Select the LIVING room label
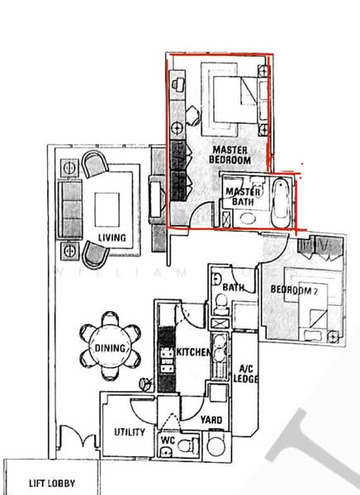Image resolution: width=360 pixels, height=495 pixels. (x=111, y=238)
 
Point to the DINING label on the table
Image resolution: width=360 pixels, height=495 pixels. (x=110, y=348)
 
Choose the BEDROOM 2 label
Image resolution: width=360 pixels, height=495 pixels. (x=294, y=290)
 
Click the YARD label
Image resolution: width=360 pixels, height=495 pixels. (x=211, y=419)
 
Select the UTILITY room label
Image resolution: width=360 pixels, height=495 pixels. (x=130, y=432)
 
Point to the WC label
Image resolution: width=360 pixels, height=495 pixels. (x=167, y=441)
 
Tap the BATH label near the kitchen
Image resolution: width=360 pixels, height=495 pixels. (x=234, y=287)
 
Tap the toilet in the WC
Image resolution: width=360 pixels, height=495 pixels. (x=188, y=446)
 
